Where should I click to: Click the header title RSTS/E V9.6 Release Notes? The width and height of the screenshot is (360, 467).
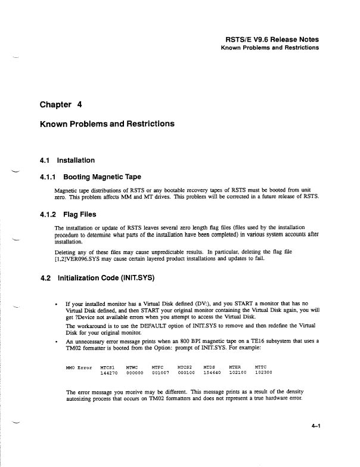(x=269, y=37)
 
